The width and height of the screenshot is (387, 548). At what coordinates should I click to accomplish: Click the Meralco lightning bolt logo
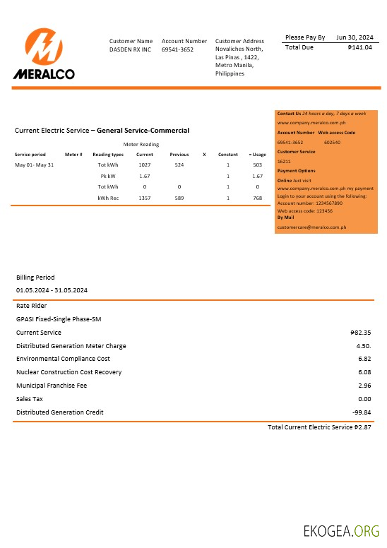click(44, 47)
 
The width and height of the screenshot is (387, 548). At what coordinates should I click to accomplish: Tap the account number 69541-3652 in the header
click(177, 50)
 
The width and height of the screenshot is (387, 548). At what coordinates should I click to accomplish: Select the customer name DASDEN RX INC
click(131, 50)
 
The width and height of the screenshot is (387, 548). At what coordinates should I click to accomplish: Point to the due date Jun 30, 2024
click(355, 37)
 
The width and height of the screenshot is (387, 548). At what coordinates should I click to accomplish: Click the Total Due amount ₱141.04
click(360, 47)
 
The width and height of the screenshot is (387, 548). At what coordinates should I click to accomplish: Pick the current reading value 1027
click(145, 165)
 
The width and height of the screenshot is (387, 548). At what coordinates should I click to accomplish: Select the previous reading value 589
click(179, 198)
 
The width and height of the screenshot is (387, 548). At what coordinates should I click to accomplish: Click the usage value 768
click(257, 198)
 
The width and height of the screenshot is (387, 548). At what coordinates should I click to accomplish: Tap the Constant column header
click(228, 154)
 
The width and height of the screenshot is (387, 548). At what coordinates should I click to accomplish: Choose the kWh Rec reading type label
click(108, 198)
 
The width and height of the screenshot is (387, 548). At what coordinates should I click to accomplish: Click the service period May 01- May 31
click(34, 165)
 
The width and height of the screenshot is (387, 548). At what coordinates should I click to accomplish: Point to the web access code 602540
click(332, 142)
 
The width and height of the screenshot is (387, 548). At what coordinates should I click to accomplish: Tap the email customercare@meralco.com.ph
click(311, 227)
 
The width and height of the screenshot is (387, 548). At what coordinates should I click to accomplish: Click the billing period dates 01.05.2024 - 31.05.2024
click(52, 290)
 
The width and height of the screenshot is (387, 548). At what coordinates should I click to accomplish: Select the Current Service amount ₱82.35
click(361, 333)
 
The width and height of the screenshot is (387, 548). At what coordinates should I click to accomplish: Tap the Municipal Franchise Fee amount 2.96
click(364, 386)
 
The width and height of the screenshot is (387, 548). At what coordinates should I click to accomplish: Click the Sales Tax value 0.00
click(364, 399)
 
